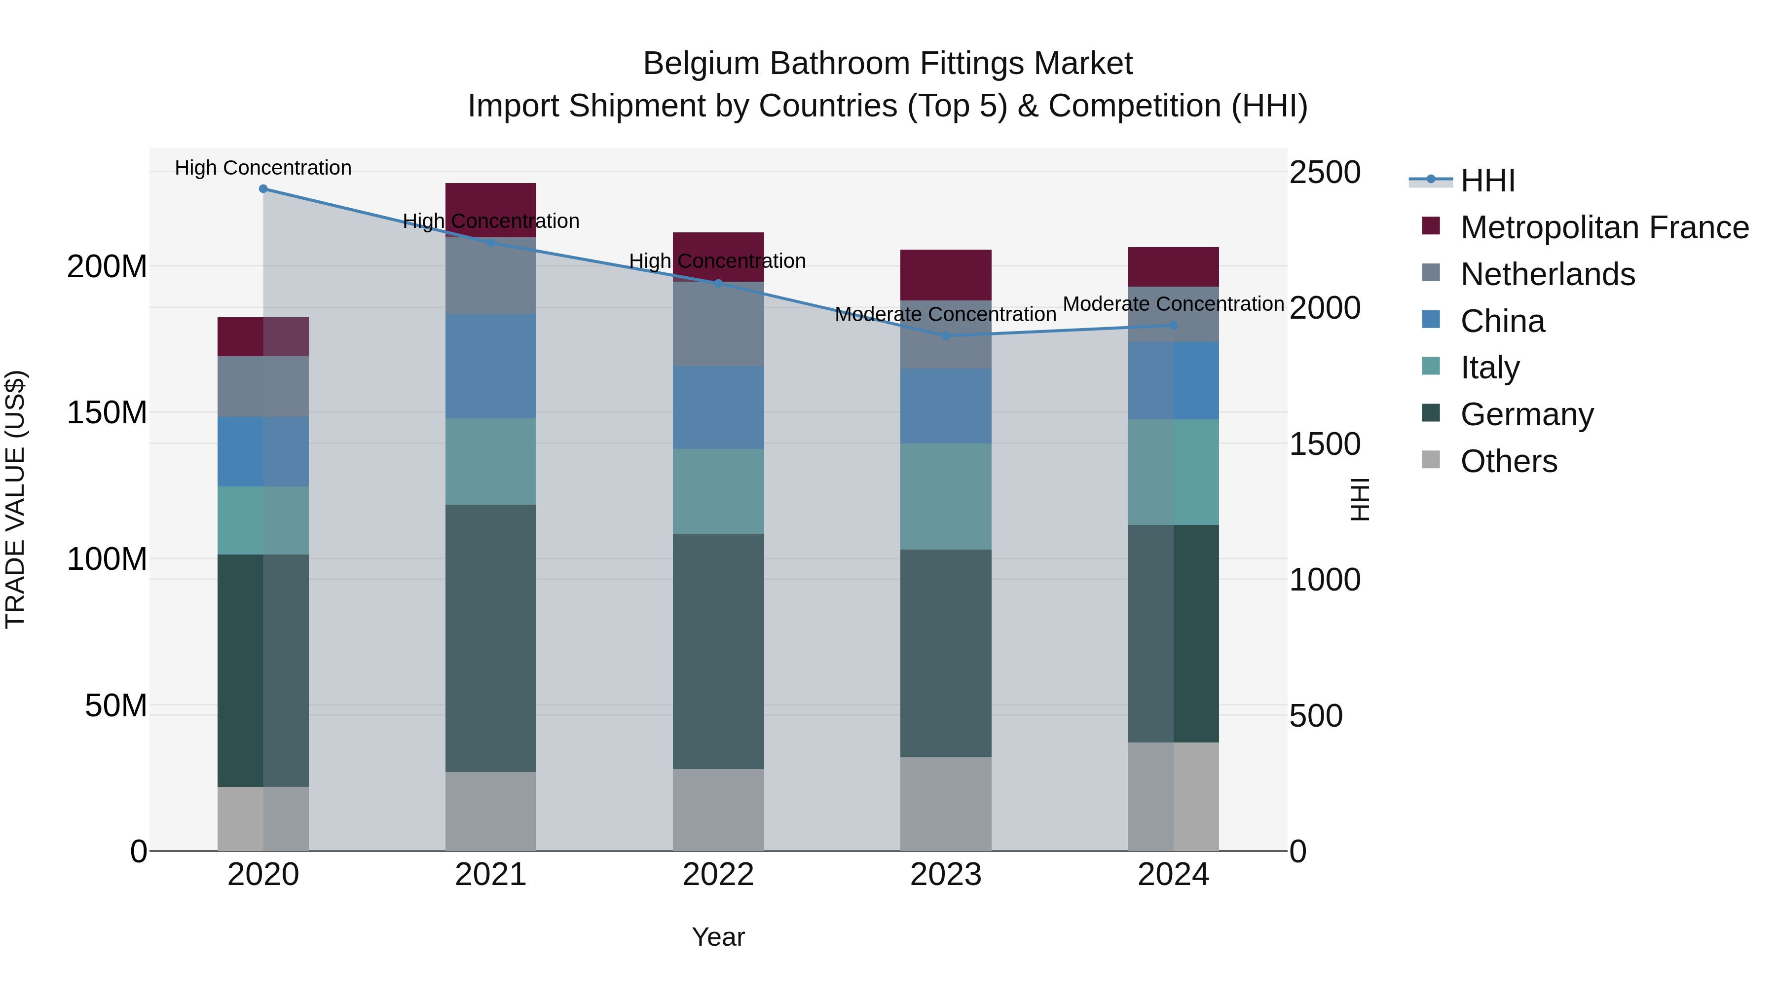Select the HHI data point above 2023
pos(946,336)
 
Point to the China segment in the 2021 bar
pos(490,366)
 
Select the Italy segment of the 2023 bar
pos(945,496)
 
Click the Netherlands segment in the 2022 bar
pos(718,324)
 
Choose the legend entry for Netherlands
pos(1547,274)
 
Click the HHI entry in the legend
pos(1487,181)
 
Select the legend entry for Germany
pos(1526,414)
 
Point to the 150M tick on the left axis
pos(107,413)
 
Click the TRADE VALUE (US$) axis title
pos(15,499)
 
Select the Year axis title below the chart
pos(718,937)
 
